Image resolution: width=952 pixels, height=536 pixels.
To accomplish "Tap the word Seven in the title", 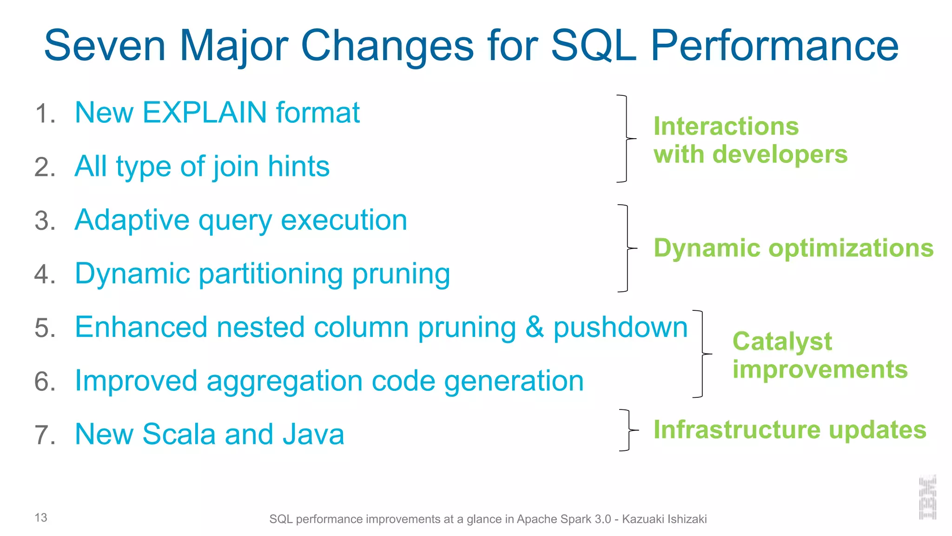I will [x=105, y=46].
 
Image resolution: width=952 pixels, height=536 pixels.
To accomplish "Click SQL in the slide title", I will [x=593, y=46].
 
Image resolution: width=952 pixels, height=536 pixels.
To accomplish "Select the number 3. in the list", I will [x=45, y=221].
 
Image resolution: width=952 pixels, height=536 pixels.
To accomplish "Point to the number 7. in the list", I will [x=45, y=435].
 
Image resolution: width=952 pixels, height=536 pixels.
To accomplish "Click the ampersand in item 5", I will [x=535, y=327].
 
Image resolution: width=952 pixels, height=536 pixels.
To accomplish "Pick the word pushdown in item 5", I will [x=620, y=327].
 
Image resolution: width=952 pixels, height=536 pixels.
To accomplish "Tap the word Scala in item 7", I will [x=179, y=434].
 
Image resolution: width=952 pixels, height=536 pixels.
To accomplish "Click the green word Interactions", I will [x=726, y=126].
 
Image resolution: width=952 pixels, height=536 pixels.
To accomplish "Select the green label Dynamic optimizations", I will [x=793, y=248].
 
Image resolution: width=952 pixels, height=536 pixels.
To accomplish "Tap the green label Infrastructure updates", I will [x=789, y=429].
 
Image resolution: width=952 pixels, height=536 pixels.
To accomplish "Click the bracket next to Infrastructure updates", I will [x=628, y=430].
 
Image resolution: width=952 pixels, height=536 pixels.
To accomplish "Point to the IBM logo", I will [x=927, y=497].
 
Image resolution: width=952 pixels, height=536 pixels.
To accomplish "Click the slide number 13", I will [x=41, y=517].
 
